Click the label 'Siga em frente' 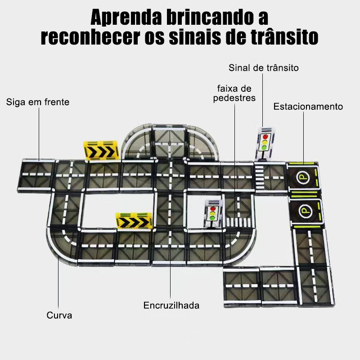(38, 102)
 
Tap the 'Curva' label (59, 315)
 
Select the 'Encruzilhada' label (171, 306)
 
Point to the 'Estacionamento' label (308, 107)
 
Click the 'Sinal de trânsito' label (264, 68)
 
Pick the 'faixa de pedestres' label (234, 93)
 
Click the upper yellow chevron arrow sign (101, 151)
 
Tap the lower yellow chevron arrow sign (134, 221)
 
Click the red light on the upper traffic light (265, 137)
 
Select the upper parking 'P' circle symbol (302, 177)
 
